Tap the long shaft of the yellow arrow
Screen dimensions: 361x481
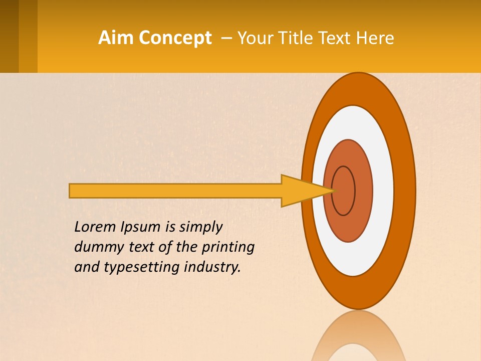175,191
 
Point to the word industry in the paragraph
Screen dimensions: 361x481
212,267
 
